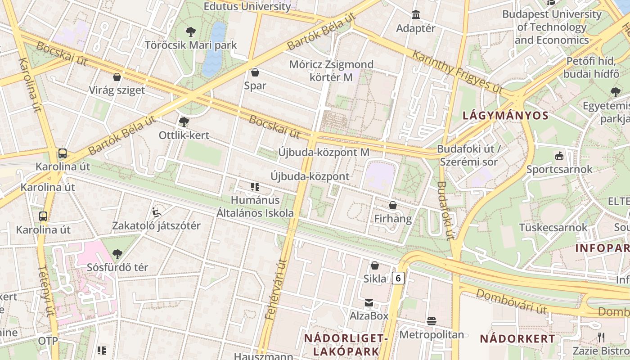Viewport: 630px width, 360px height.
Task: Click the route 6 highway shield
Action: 398,278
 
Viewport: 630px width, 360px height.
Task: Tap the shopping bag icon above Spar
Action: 255,72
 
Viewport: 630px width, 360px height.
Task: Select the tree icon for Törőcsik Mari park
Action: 191,32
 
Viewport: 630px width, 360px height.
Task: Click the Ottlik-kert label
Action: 184,135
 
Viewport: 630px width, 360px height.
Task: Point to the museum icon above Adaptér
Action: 416,15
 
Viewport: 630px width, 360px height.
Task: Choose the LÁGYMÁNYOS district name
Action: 506,116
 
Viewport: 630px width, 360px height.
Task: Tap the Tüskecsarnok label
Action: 553,227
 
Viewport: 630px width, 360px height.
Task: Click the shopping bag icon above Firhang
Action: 393,206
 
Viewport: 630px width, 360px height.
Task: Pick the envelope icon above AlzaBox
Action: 369,303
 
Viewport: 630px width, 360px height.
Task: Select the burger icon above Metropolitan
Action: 432,321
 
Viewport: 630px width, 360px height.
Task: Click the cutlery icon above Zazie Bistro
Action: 601,337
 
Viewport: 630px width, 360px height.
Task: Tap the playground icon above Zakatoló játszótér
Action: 157,212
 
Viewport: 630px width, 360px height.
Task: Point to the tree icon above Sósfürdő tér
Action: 117,254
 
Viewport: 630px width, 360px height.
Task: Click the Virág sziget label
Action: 117,90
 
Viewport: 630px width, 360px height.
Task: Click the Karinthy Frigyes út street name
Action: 457,72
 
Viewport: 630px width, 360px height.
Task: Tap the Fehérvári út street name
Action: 276,290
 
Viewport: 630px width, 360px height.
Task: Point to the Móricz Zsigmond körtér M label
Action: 331,71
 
